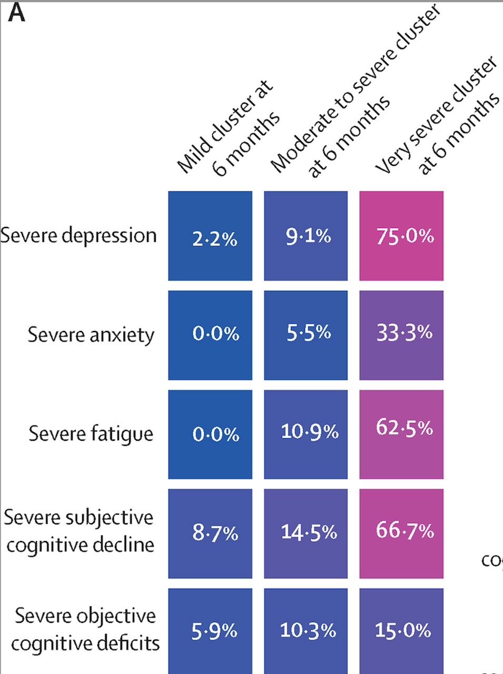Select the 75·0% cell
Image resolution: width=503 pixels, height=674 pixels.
coord(401,236)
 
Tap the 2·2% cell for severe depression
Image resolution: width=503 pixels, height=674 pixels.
coord(210,236)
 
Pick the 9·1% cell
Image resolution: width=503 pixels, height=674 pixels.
coord(306,236)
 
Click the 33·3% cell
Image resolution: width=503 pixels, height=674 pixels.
coord(401,335)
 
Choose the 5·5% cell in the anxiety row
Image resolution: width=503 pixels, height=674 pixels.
coord(306,335)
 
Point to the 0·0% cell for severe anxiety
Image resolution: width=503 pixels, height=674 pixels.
coord(210,335)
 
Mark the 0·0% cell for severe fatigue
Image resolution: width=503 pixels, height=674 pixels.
coord(210,434)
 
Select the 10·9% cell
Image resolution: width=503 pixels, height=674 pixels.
coord(306,434)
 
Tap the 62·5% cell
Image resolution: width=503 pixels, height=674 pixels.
coord(401,434)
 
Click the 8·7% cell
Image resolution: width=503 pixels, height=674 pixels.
coord(210,533)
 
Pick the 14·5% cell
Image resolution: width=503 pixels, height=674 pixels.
coord(306,533)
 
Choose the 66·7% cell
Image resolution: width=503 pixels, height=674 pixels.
coord(401,533)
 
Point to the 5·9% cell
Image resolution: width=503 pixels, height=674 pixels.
coord(210,631)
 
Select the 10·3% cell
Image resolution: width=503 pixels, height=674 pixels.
coord(306,631)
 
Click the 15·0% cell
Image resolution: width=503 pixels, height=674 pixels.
coord(401,631)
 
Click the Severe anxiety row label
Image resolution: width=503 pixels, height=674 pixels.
coord(91,335)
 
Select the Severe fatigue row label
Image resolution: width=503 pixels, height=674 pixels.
coord(91,434)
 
